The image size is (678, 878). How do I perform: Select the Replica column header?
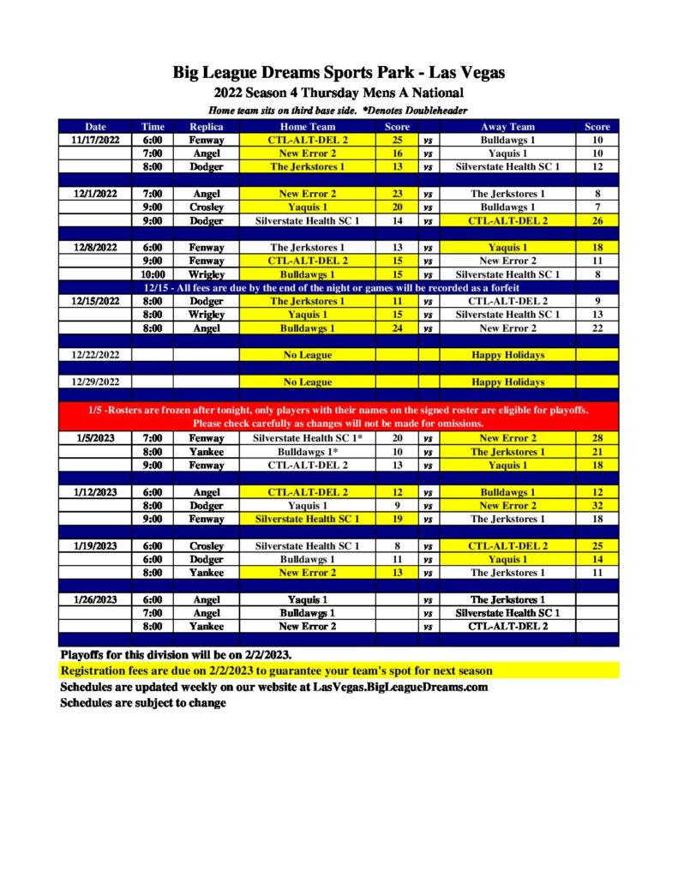[206, 127]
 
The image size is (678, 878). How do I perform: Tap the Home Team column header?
[309, 127]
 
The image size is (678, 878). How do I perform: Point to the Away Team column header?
[507, 127]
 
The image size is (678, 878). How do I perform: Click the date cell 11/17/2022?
[96, 140]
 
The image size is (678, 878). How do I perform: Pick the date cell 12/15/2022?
[96, 302]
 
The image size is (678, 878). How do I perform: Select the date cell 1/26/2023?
[96, 600]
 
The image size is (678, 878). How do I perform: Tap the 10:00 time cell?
[153, 274]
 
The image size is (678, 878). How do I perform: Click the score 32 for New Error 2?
[597, 506]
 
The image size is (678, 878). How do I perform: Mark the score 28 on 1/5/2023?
[597, 438]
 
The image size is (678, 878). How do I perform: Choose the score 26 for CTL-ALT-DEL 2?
[597, 220]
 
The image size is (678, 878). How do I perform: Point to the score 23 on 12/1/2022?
[397, 194]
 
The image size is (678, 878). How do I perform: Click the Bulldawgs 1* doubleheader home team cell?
[309, 452]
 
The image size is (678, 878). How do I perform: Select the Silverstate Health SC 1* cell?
[309, 438]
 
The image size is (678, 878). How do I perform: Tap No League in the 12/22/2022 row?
[309, 355]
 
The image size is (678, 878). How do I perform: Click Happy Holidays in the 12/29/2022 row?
[507, 382]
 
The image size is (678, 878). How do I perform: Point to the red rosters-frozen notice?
[339, 417]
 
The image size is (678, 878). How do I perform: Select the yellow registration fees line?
[277, 671]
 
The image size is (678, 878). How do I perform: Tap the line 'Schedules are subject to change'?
[143, 703]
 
